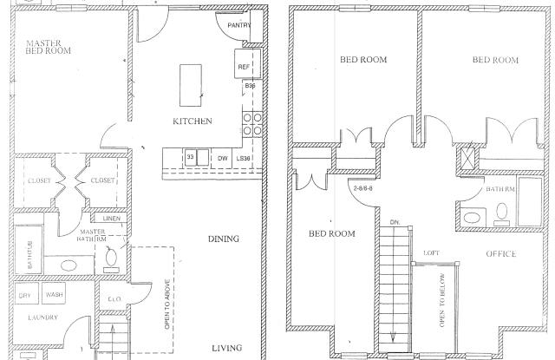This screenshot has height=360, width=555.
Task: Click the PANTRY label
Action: [x=238, y=25]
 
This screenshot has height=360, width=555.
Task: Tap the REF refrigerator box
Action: [x=244, y=67]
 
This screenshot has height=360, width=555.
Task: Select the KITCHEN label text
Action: [x=193, y=121]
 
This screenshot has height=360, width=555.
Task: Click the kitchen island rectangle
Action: [x=191, y=82]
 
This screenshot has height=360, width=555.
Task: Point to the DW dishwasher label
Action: [x=223, y=158]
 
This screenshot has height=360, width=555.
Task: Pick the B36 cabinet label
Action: [x=250, y=87]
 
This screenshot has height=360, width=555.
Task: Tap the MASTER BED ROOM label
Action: [x=48, y=47]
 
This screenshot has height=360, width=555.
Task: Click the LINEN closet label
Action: [x=109, y=219]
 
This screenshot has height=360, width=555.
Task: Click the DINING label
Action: [x=224, y=239]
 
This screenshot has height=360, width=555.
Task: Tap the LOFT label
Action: [x=431, y=253]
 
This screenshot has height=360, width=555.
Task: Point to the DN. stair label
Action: [x=395, y=221]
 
